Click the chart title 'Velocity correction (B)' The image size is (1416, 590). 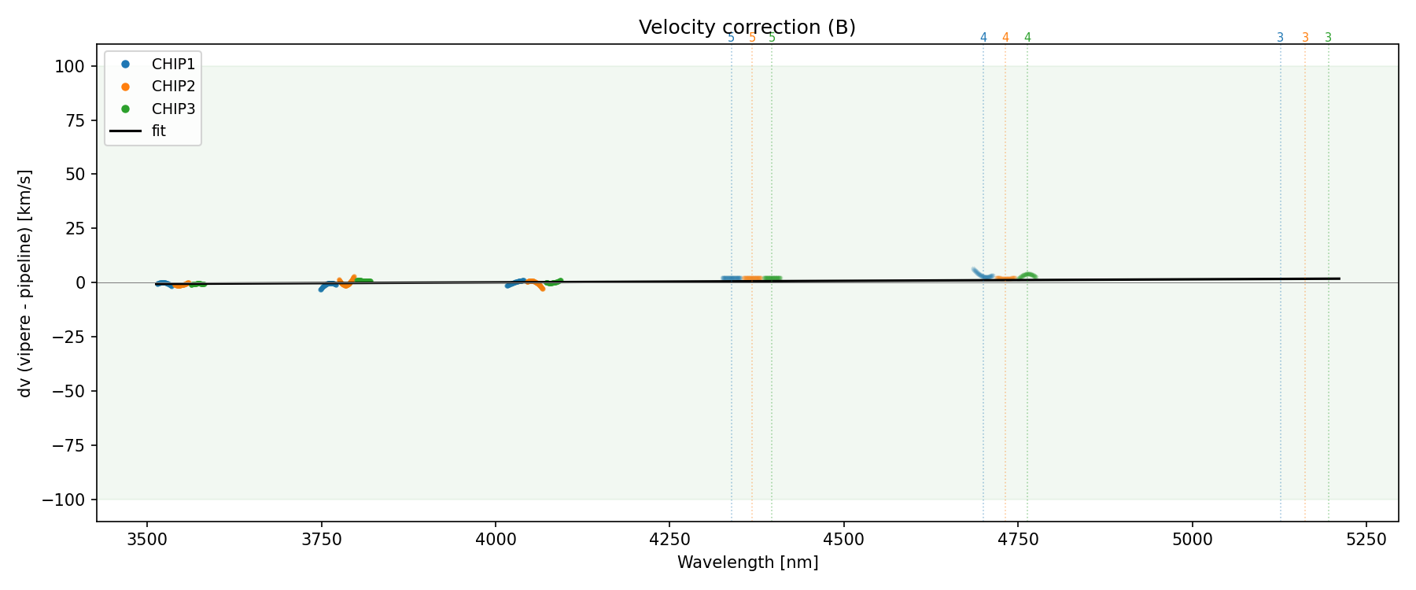(x=747, y=28)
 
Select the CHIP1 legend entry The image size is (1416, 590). (x=173, y=65)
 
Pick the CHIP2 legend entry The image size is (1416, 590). (x=173, y=87)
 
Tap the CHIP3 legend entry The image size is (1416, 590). (x=173, y=109)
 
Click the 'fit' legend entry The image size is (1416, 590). (x=159, y=131)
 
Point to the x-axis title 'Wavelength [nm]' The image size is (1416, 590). (x=747, y=562)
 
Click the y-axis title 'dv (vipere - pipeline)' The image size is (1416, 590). (x=25, y=282)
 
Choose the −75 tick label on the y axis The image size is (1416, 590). (x=68, y=445)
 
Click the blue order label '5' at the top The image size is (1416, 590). (x=731, y=38)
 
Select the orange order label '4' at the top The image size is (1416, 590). (x=1005, y=38)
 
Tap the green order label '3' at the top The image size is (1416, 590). (x=1329, y=38)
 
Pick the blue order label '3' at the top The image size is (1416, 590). (x=1280, y=38)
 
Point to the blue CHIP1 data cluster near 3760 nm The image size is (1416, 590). (x=327, y=286)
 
